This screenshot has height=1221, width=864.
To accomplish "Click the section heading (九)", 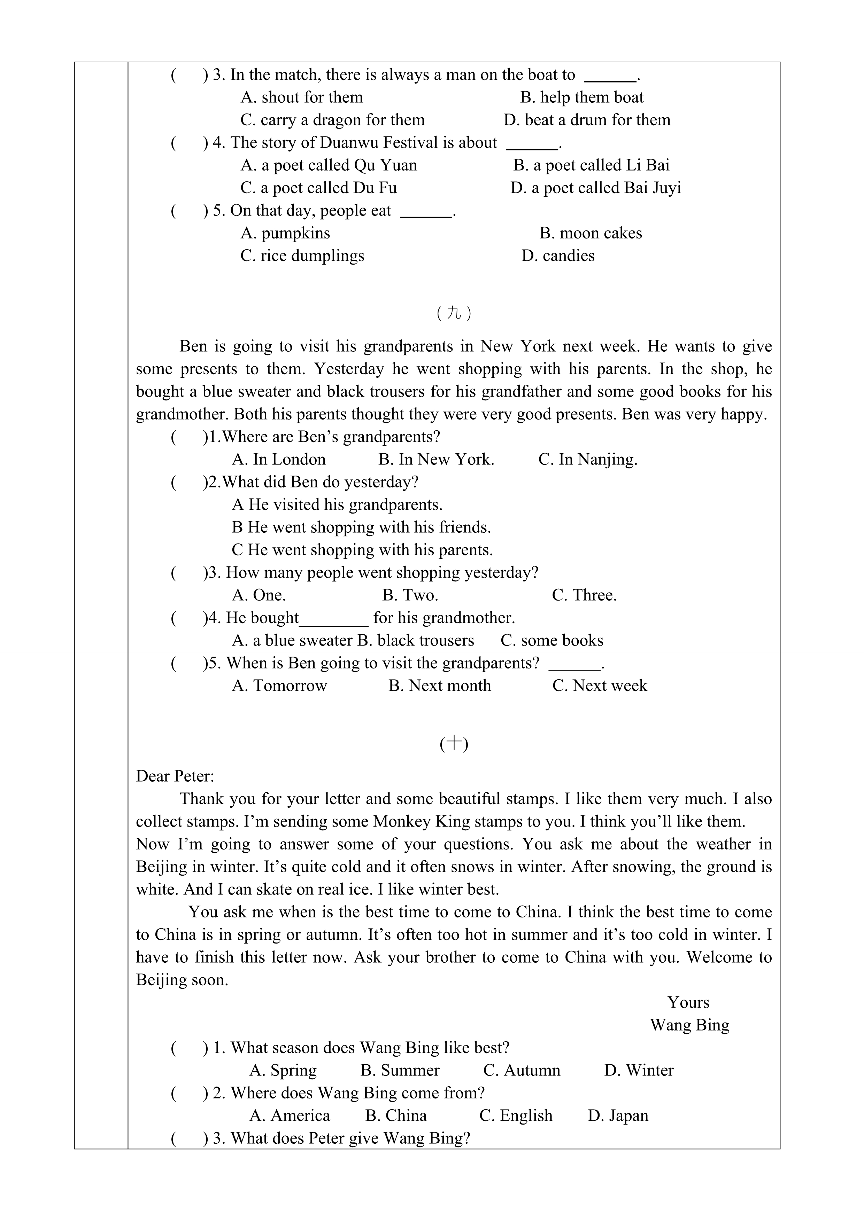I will pos(454,313).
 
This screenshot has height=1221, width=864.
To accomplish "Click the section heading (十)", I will pos(454,744).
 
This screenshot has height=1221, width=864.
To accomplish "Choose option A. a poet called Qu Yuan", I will pos(329,165).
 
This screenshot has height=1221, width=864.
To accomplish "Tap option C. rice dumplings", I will pos(302,256).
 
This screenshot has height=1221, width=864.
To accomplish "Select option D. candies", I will pos(558,256).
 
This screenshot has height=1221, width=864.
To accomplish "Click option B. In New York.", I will pos(436,460).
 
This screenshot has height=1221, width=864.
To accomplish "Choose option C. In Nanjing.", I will pos(587,460).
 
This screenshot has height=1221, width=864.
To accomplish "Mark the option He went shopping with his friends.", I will pos(361,527).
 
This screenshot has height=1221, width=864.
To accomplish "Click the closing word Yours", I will pos(688,1002).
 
